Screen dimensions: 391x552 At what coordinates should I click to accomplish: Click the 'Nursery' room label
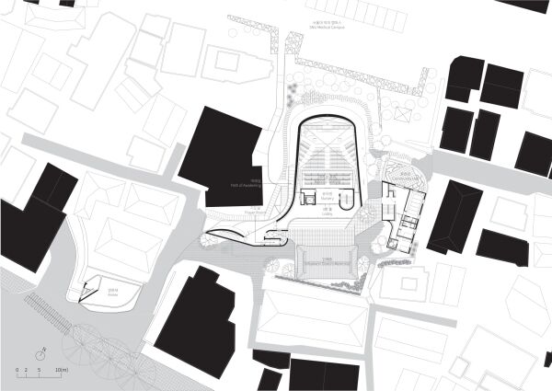(327, 196)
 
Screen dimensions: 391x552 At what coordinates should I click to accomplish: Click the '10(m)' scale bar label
(63, 370)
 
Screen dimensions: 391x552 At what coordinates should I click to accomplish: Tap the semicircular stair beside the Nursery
(348, 201)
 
